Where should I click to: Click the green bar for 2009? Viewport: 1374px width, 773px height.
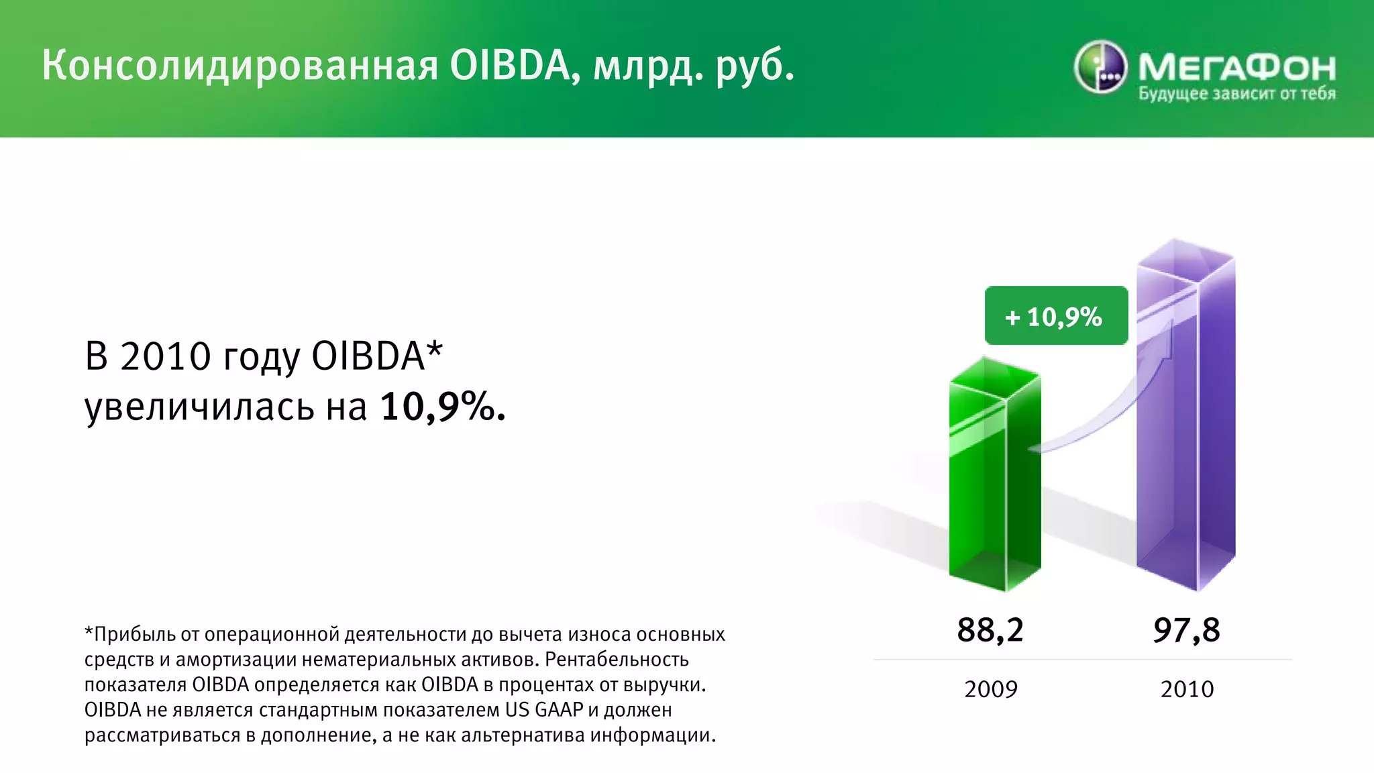point(994,483)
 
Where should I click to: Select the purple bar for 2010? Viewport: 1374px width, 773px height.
point(1185,429)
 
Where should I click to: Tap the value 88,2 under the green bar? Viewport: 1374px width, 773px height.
point(990,630)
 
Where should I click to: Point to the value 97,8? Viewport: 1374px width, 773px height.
point(1186,630)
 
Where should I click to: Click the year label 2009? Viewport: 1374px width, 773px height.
point(990,689)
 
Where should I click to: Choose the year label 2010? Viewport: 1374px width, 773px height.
point(1187,689)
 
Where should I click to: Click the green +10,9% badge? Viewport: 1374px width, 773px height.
point(1055,316)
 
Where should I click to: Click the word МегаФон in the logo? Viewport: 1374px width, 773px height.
point(1236,67)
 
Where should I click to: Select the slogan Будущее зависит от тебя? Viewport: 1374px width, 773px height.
point(1236,94)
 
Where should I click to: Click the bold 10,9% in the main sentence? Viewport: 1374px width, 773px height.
point(442,407)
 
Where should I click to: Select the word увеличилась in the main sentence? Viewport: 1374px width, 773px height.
point(199,407)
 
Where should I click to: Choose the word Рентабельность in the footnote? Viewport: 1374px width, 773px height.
point(617,660)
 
